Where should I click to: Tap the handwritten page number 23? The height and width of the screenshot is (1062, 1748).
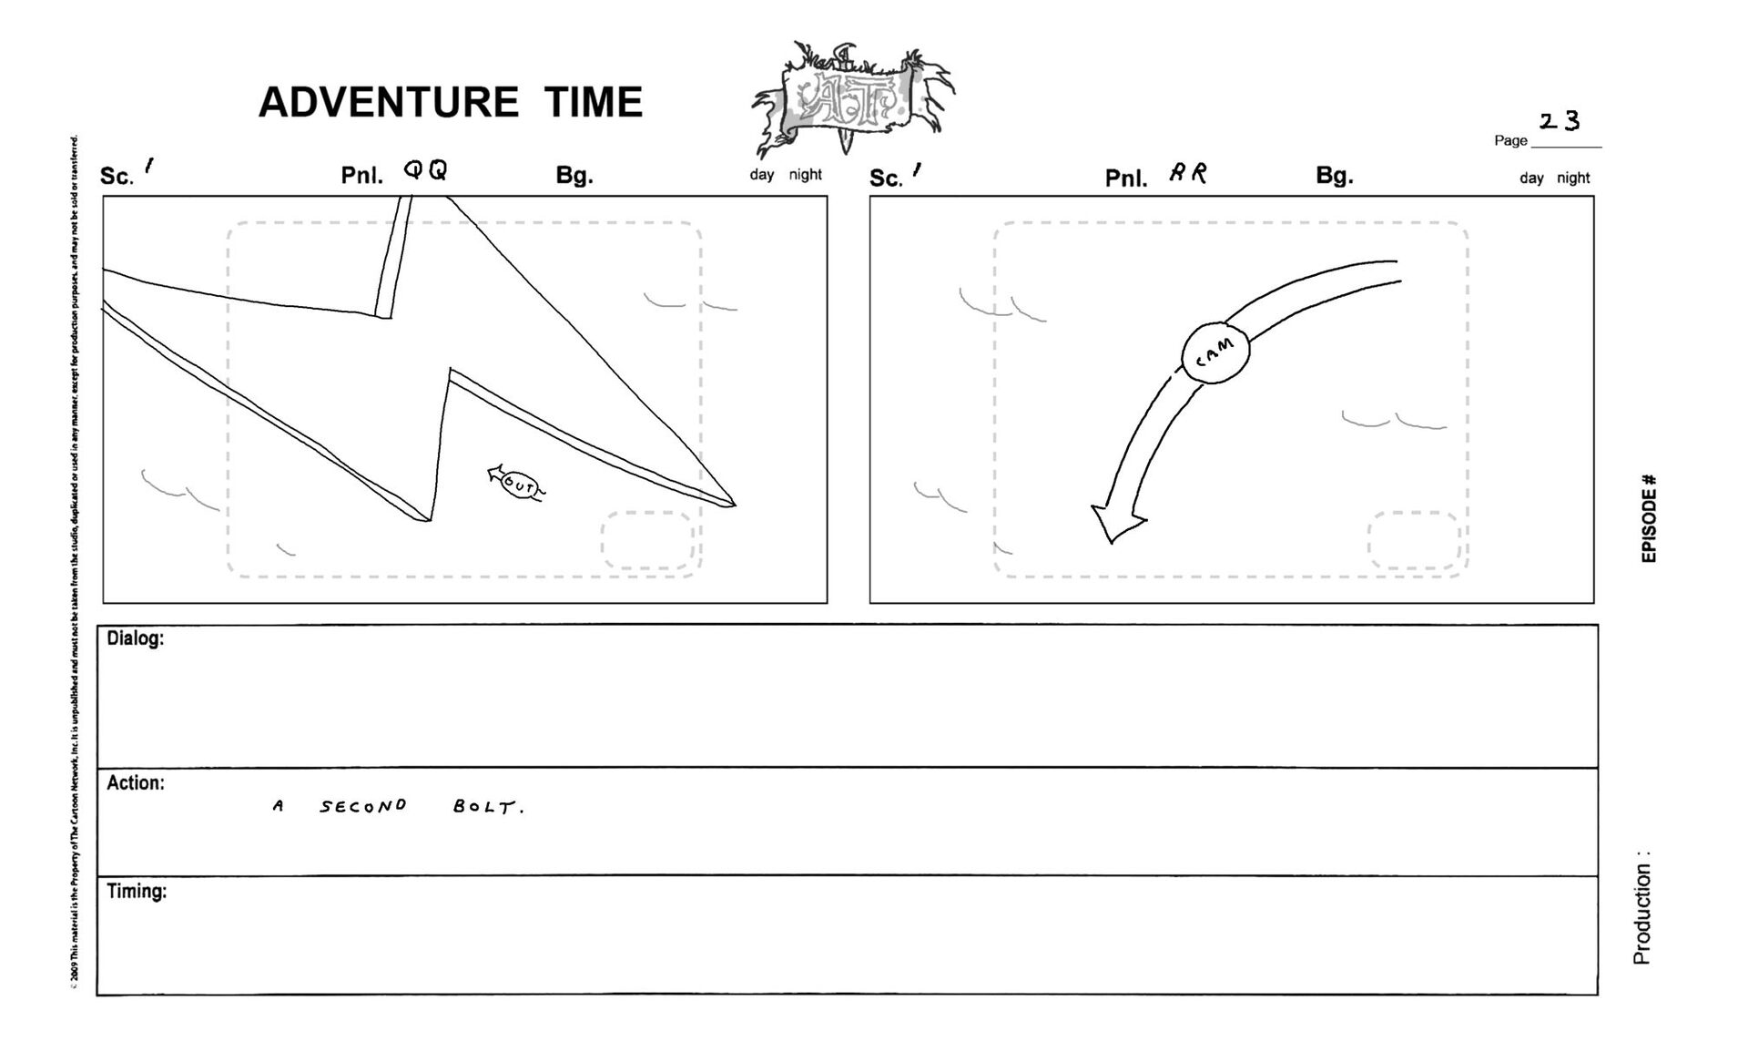point(1559,121)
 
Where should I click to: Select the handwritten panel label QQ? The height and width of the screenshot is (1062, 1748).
point(426,170)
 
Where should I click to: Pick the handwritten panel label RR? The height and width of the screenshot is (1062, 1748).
point(1188,173)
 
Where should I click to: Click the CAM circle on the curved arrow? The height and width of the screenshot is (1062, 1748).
point(1215,352)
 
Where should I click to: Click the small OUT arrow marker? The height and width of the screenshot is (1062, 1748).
point(516,485)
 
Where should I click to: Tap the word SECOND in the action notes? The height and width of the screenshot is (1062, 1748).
point(362,807)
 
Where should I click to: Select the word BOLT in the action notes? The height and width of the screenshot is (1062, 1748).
point(488,807)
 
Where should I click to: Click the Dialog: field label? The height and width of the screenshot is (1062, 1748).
point(135,638)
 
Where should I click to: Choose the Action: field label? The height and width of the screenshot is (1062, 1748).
point(136,783)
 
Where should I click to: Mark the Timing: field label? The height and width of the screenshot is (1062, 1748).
point(137,892)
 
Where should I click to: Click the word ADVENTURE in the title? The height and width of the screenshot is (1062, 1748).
point(388,102)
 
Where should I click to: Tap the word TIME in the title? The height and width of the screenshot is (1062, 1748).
point(594,102)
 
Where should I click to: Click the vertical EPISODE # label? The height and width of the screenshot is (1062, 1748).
point(1649,518)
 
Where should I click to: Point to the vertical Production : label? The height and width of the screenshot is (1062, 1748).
point(1641,909)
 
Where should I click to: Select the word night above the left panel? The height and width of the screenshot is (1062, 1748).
point(805,175)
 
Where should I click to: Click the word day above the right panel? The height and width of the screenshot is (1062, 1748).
point(1531,179)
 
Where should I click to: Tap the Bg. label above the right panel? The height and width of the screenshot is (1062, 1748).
point(1334,176)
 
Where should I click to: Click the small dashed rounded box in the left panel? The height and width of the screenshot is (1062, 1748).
point(647,540)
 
